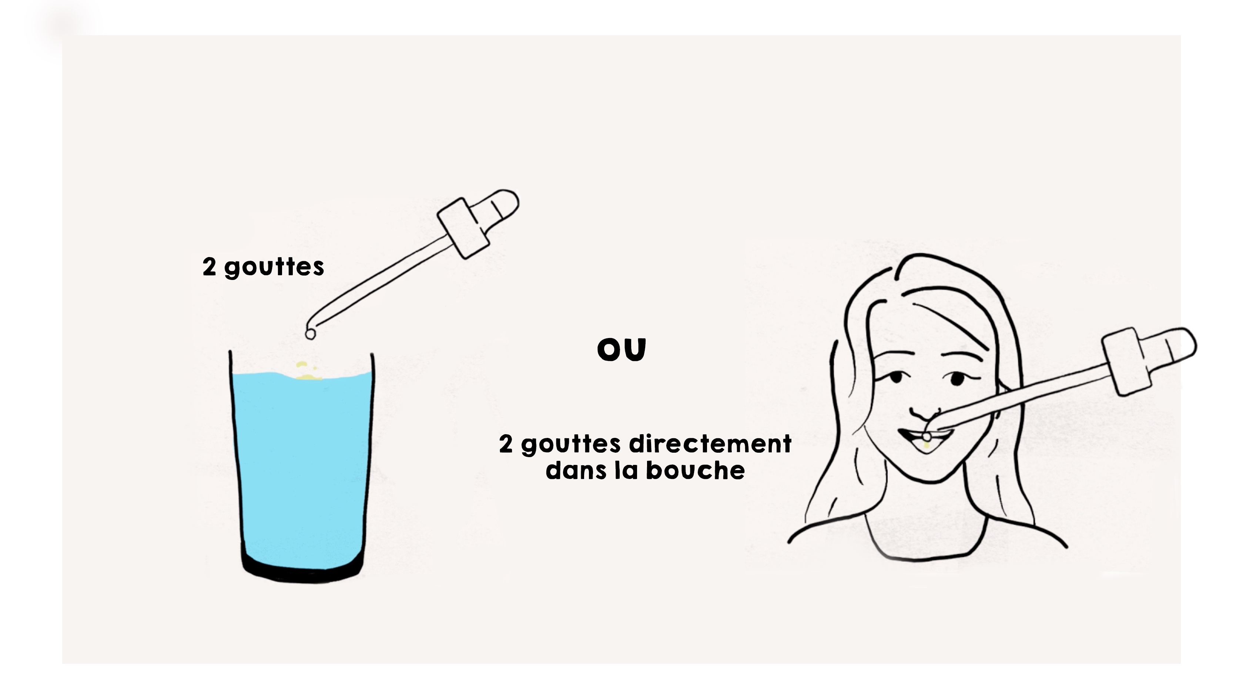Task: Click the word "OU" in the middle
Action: click(x=621, y=349)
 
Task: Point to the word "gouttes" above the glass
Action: click(x=274, y=267)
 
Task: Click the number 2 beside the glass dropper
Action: click(x=209, y=267)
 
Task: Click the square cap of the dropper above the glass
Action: click(x=463, y=228)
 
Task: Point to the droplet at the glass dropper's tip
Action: click(x=310, y=334)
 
